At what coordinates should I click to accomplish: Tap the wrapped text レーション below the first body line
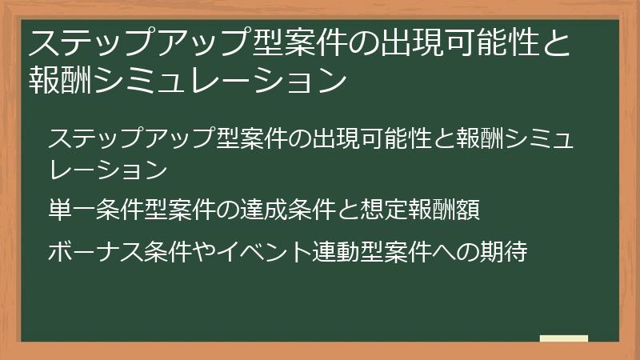(107, 170)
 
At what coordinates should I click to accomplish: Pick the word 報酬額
(447, 211)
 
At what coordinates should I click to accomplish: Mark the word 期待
(503, 253)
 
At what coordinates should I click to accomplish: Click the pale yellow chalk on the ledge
(563, 338)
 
